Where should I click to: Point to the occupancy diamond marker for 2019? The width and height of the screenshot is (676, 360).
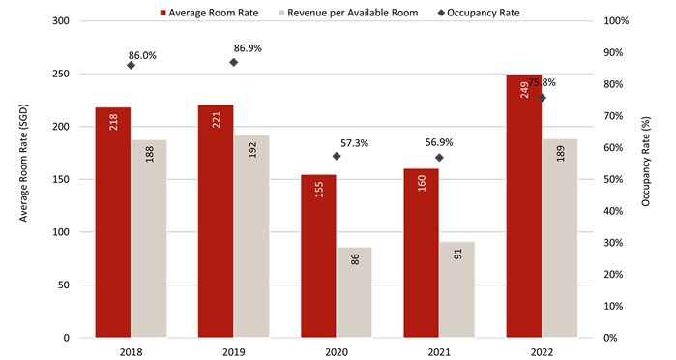233,62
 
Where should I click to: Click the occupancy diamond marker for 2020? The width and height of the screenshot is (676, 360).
337,156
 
